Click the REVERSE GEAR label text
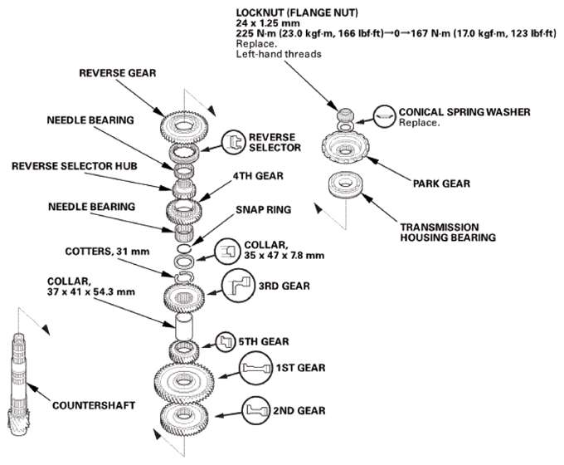[117, 73]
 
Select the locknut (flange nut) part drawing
[344, 115]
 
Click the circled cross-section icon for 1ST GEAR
[255, 368]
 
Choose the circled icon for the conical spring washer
[385, 116]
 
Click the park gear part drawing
[345, 148]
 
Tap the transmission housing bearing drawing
[346, 184]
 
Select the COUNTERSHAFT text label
[94, 405]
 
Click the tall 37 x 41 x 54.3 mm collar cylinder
[184, 326]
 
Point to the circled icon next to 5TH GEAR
[225, 341]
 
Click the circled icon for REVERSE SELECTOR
[233, 142]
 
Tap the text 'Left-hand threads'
[279, 54]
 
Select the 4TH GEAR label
[258, 176]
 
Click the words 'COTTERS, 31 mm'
[107, 251]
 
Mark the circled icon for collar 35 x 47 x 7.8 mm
[227, 252]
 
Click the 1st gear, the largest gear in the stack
[184, 382]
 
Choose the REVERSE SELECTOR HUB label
[75, 166]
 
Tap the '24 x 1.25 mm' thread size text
[268, 23]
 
